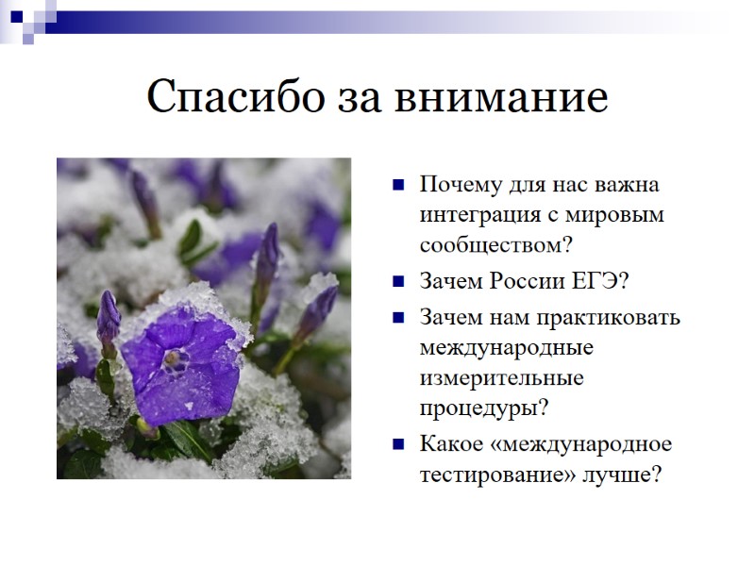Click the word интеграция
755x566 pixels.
pyautogui.click(x=477, y=214)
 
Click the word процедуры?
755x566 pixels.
pyautogui.click(x=483, y=409)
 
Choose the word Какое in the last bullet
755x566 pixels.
pyautogui.click(x=450, y=443)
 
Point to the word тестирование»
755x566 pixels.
pyautogui.click(x=497, y=474)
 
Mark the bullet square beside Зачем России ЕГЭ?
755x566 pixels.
pyautogui.click(x=400, y=281)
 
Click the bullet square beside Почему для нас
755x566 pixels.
pyautogui.click(x=400, y=184)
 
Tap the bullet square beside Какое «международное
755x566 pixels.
pyautogui.click(x=400, y=444)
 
